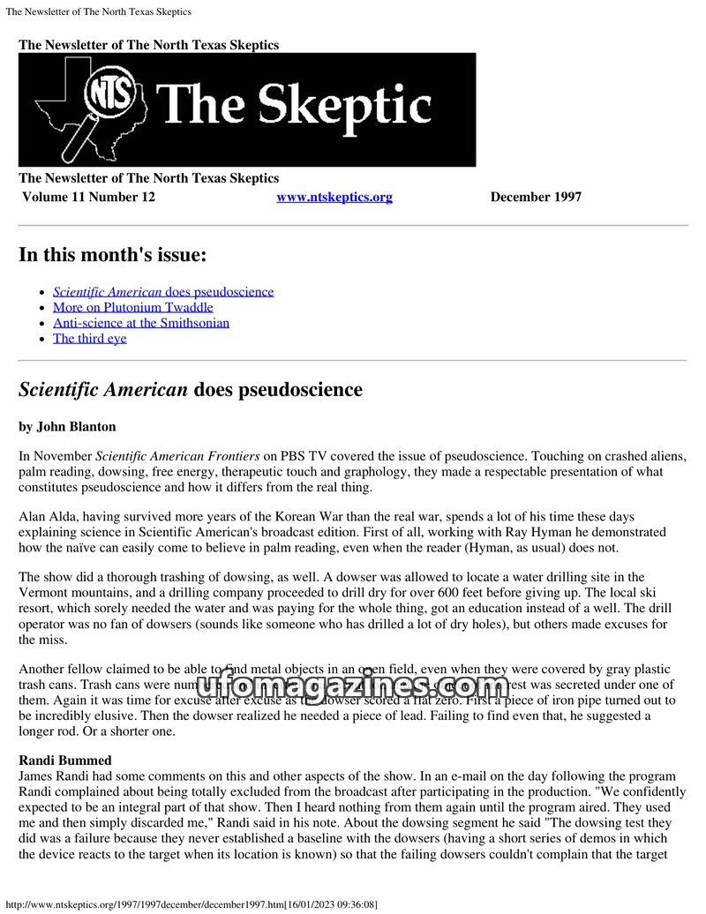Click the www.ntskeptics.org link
[334, 197]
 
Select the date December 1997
[536, 197]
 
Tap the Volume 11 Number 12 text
[88, 197]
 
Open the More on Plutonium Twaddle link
[133, 307]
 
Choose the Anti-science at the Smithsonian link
[141, 323]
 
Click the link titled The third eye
[90, 338]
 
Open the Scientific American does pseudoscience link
[163, 292]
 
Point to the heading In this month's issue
[112, 256]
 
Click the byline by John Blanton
[67, 427]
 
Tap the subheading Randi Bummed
[65, 760]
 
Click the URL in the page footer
[192, 905]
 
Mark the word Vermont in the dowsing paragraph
[42, 594]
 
